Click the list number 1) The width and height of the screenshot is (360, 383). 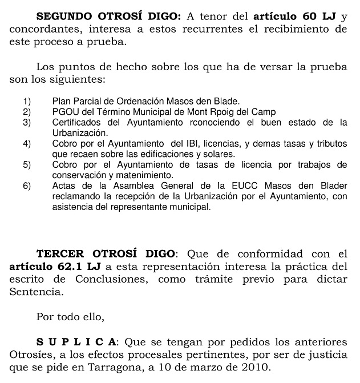26,102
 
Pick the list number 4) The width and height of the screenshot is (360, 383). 26,143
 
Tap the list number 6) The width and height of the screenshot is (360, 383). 26,186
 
